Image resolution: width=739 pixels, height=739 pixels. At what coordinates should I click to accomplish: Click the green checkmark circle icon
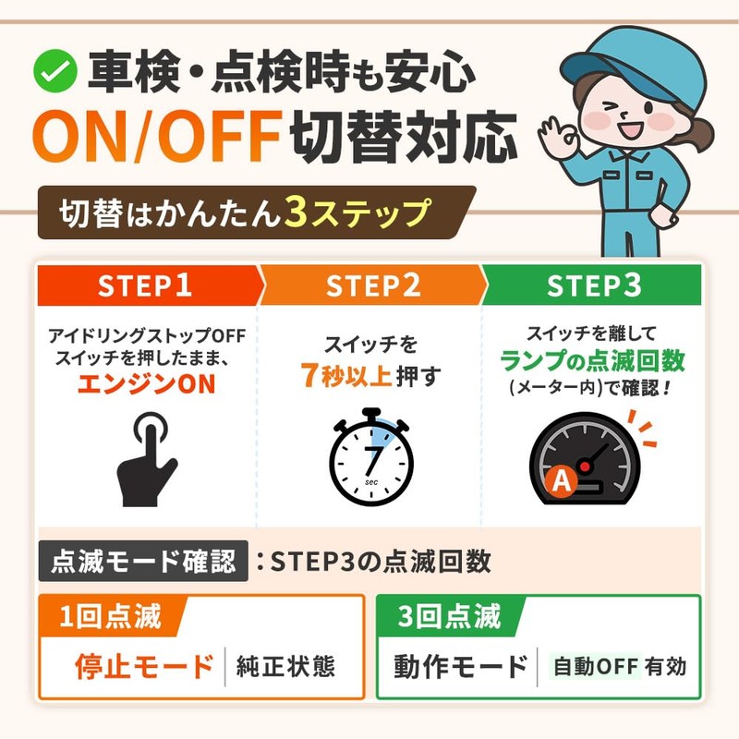[x=55, y=71]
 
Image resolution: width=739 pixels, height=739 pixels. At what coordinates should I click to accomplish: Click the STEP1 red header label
[x=145, y=285]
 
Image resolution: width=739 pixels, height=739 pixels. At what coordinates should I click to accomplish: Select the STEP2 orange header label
[x=373, y=285]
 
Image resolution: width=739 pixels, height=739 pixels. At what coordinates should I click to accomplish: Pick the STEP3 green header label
[x=594, y=285]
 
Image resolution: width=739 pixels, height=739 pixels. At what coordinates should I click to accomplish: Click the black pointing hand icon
[x=147, y=459]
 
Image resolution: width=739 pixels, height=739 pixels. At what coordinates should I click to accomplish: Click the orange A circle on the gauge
[x=562, y=480]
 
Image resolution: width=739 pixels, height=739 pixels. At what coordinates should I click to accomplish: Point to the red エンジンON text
[x=147, y=383]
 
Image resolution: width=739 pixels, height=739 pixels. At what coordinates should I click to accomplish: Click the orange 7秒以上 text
[x=345, y=375]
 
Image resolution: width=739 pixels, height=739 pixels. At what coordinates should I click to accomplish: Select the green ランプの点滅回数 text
[x=592, y=361]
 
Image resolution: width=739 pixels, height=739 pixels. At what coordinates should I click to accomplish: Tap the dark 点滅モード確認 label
[x=143, y=561]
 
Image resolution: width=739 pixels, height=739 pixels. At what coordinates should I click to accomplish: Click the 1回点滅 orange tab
[x=110, y=616]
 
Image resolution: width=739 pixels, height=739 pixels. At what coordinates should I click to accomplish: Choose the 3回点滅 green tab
[x=449, y=616]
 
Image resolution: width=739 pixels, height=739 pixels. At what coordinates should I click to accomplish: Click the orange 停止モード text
[x=144, y=666]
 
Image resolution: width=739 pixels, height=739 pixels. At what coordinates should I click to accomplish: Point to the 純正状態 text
[x=285, y=666]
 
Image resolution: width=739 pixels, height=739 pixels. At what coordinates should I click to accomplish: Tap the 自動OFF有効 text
[x=619, y=666]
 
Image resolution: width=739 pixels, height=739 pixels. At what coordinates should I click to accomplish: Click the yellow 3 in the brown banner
[x=296, y=212]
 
